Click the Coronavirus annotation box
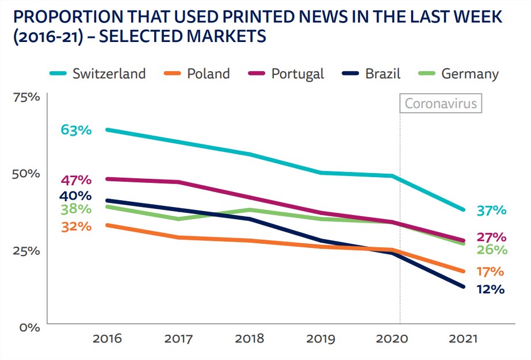click(441, 104)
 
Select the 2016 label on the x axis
click(107, 339)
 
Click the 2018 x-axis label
click(250, 339)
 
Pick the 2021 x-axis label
click(463, 339)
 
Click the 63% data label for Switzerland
click(76, 129)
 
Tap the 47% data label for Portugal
click(76, 179)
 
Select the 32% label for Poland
click(76, 226)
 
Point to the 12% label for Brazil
click(490, 289)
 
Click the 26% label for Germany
click(491, 250)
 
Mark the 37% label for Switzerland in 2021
click(491, 210)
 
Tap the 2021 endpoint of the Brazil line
click(464, 286)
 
